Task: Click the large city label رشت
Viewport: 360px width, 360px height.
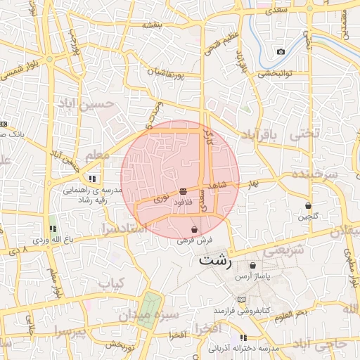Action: click(x=214, y=259)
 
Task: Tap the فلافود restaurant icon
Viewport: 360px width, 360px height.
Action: click(x=183, y=191)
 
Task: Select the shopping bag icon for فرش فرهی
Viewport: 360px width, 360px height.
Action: click(x=194, y=230)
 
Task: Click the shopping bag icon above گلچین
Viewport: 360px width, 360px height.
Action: click(x=309, y=205)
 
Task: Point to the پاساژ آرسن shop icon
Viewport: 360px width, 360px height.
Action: click(x=253, y=266)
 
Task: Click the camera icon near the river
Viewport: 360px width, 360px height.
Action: click(x=281, y=51)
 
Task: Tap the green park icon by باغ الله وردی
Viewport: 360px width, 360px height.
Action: click(x=53, y=229)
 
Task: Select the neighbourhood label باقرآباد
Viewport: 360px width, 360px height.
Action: click(x=264, y=134)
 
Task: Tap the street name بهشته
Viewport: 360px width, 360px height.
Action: click(x=152, y=25)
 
